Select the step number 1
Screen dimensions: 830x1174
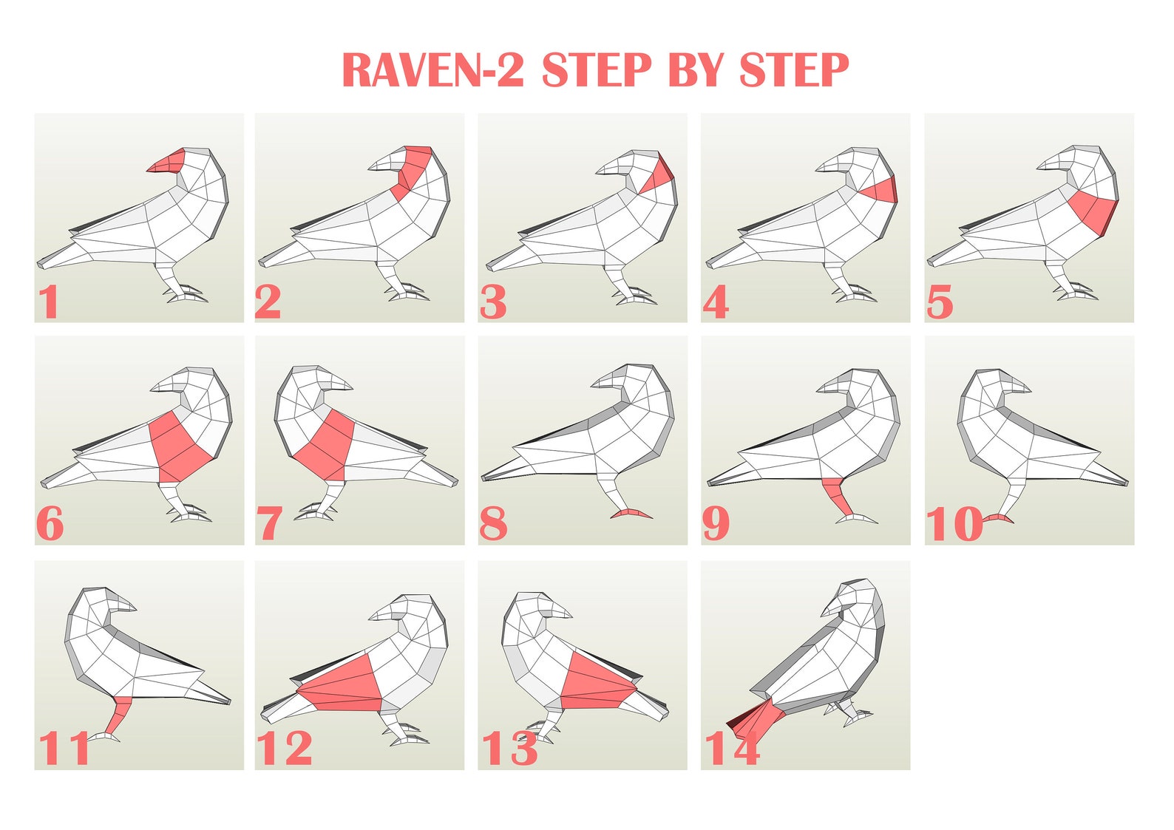(49, 302)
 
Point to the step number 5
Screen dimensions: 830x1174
(940, 302)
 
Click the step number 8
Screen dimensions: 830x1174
(493, 524)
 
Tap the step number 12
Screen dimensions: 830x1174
(284, 748)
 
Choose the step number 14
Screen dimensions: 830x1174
(732, 748)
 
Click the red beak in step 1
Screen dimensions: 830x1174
(168, 161)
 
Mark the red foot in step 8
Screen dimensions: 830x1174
(630, 512)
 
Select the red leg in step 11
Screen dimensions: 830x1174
(119, 715)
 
